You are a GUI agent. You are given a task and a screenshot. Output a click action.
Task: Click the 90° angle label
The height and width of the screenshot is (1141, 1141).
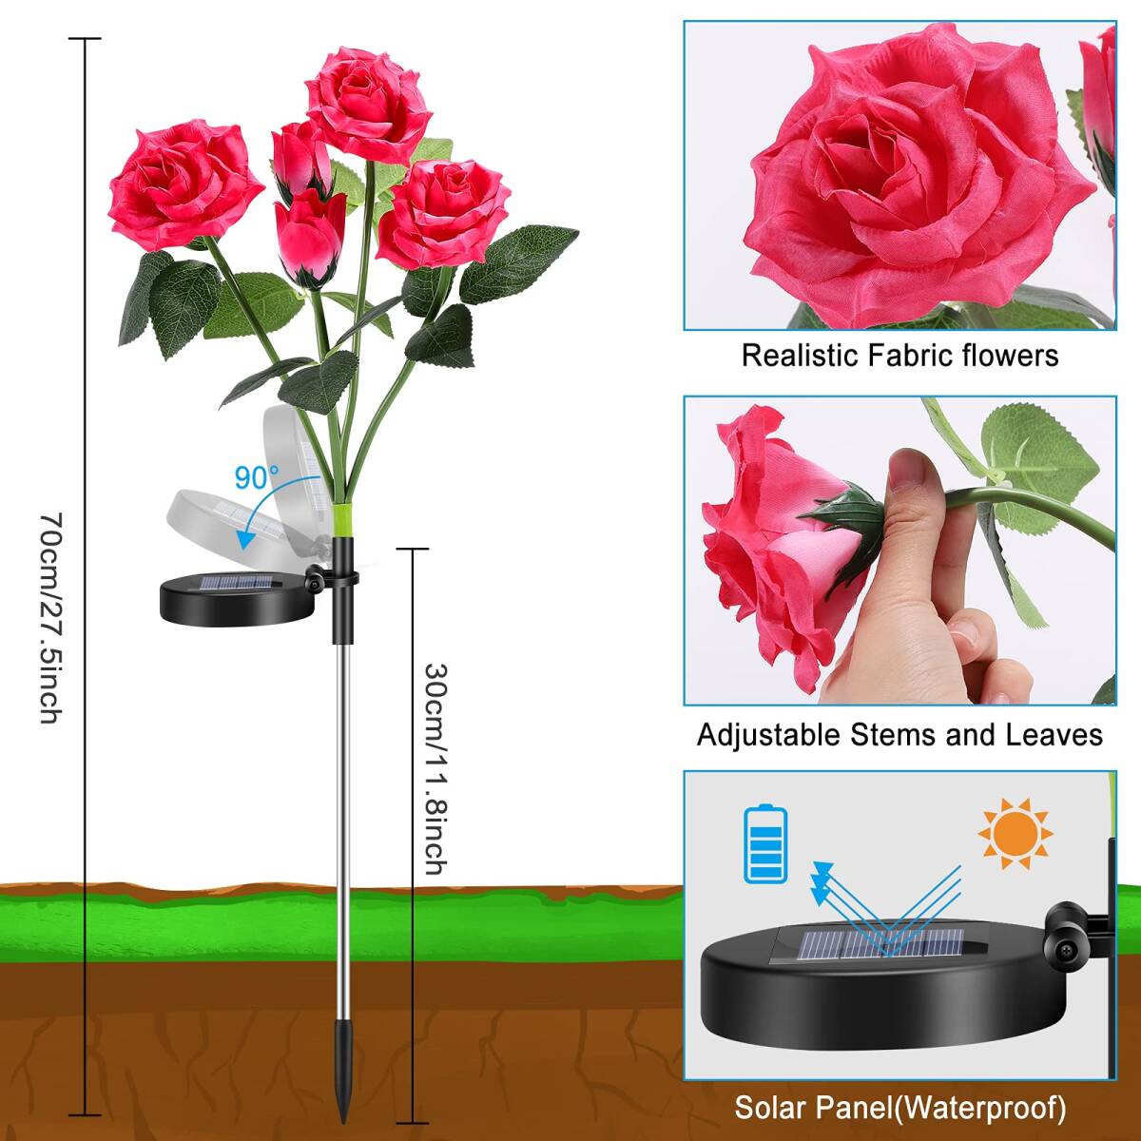click(x=257, y=477)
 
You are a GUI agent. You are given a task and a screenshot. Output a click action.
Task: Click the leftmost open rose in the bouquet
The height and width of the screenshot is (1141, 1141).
click(x=185, y=184)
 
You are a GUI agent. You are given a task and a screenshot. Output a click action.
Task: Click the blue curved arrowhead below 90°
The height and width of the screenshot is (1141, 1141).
click(x=243, y=539)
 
